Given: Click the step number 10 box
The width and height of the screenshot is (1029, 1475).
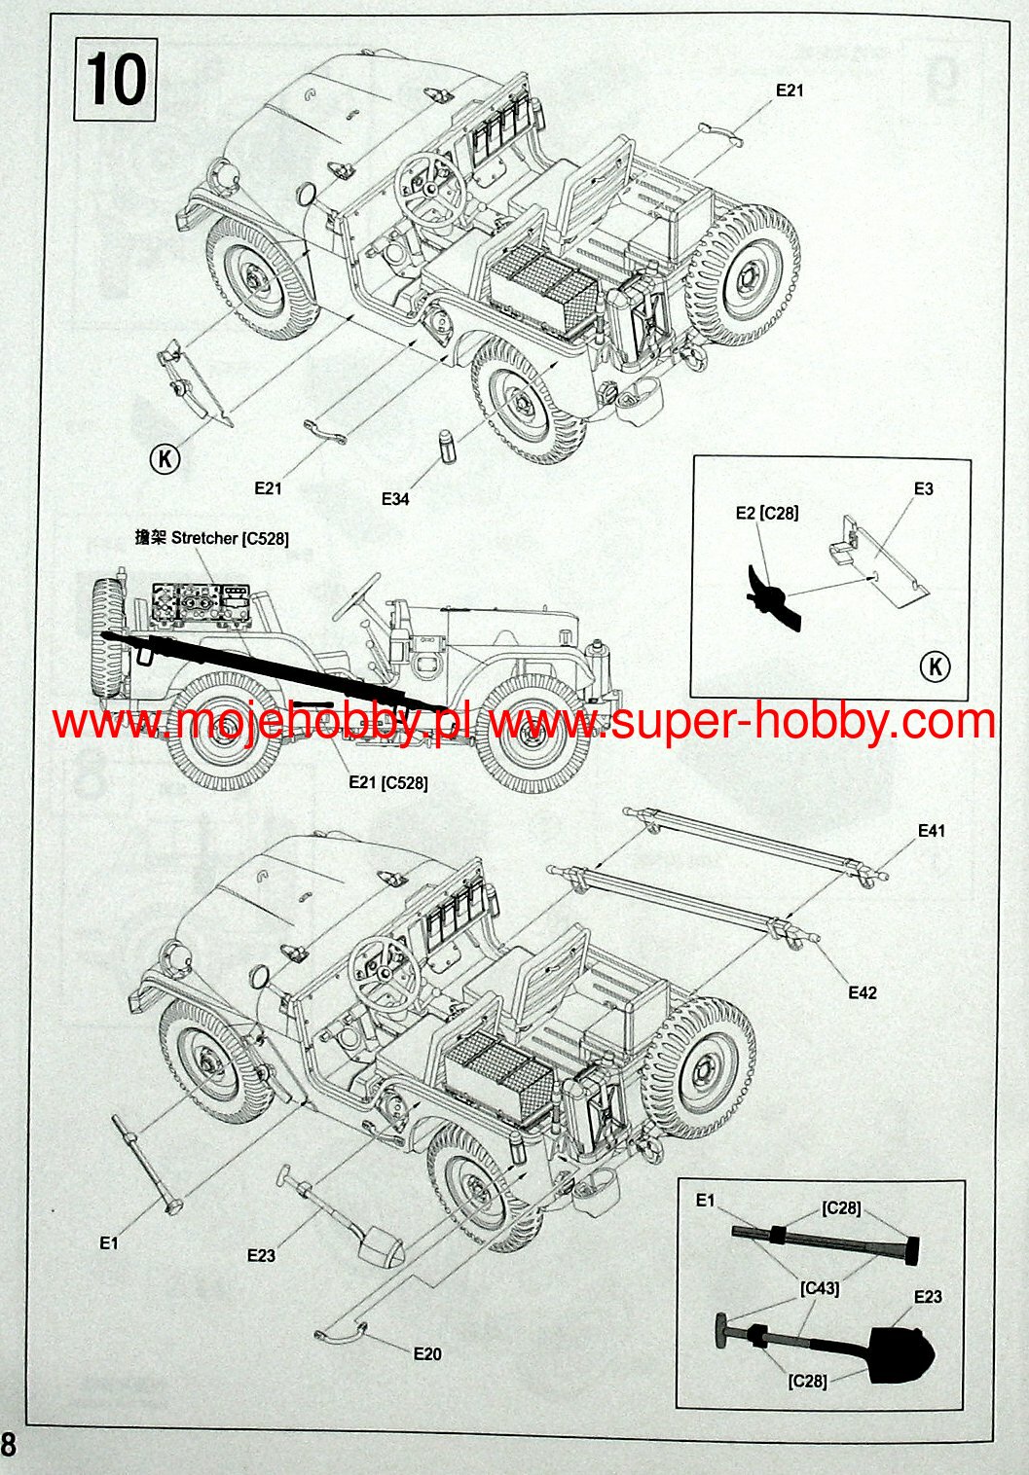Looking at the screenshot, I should pyautogui.click(x=115, y=78).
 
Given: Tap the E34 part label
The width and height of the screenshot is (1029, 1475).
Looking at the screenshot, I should pyautogui.click(x=395, y=499).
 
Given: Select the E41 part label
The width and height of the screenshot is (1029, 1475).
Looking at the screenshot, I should pyautogui.click(x=931, y=831).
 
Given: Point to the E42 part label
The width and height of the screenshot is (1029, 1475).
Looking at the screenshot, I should pyautogui.click(x=863, y=992).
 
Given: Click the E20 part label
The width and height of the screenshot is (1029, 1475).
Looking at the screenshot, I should pyautogui.click(x=427, y=1353).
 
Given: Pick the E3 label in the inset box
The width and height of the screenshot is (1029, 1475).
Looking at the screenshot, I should pyautogui.click(x=923, y=488).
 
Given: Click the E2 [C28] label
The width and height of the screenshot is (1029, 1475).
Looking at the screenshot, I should pyautogui.click(x=767, y=513).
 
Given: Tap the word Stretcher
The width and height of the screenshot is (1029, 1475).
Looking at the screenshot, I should pyautogui.click(x=204, y=538).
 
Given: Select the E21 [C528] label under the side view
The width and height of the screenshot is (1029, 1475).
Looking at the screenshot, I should pyautogui.click(x=387, y=782).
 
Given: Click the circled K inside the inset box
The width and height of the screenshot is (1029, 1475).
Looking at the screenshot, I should pyautogui.click(x=935, y=666).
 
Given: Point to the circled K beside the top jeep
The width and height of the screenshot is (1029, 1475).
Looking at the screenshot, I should pyautogui.click(x=165, y=457).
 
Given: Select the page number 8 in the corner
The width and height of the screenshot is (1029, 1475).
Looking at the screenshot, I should pyautogui.click(x=9, y=1444).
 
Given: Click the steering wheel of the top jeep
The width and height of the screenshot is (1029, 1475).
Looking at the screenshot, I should pyautogui.click(x=427, y=189).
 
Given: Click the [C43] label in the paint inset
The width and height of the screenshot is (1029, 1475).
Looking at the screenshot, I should pyautogui.click(x=820, y=1288).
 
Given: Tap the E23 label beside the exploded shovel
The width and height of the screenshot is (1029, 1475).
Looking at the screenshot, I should pyautogui.click(x=261, y=1255).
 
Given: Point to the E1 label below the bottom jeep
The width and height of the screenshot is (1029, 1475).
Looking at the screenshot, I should pyautogui.click(x=108, y=1242).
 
